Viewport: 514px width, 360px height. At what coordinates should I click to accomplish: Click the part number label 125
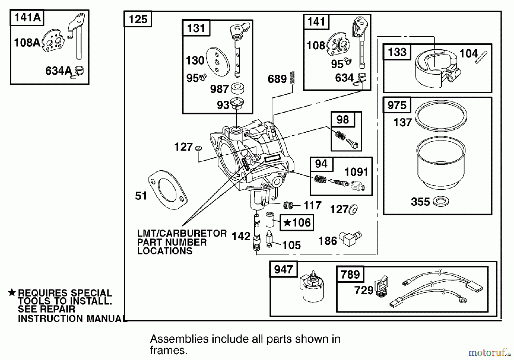tap(138, 19)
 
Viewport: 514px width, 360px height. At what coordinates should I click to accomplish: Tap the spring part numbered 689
tap(292, 77)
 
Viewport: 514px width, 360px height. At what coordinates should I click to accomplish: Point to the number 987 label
tap(219, 89)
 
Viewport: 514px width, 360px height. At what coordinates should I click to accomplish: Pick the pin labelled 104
tap(481, 57)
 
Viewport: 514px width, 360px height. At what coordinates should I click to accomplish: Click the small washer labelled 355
tap(441, 201)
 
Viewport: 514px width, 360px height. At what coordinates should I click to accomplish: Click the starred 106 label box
tap(297, 223)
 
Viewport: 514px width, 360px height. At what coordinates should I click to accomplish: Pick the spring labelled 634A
tap(79, 71)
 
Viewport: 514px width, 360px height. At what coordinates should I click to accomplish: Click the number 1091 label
tap(356, 172)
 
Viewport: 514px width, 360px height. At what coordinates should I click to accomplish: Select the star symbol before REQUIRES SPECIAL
tap(12, 293)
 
